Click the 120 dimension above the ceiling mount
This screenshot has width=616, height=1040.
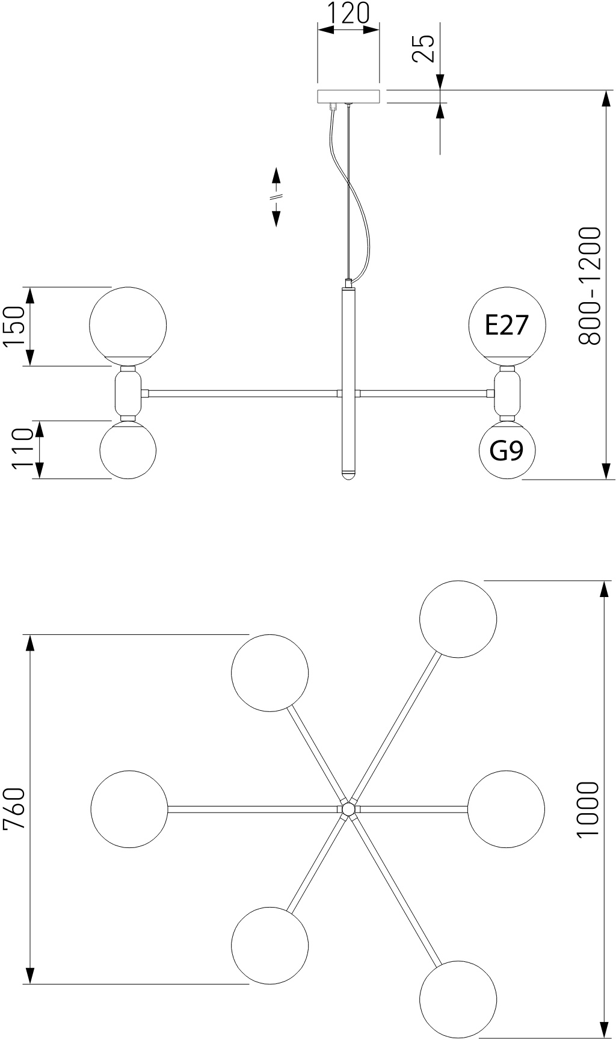(x=348, y=13)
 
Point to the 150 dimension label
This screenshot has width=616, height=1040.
(x=13, y=326)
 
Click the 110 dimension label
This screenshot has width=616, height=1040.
(x=22, y=449)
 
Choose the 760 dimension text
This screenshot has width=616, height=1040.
(x=15, y=808)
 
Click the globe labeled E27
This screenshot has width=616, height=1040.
(x=507, y=326)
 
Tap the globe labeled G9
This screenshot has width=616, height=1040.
(x=507, y=450)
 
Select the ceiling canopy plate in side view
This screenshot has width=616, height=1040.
(x=348, y=96)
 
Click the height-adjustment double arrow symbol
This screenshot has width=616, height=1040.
(x=276, y=197)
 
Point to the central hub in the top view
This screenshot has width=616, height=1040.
(x=348, y=809)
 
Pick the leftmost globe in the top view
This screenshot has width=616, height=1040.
(x=129, y=809)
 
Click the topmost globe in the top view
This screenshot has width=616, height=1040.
(x=458, y=619)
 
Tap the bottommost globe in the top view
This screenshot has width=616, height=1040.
(x=458, y=998)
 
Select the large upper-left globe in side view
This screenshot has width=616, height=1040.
(x=128, y=325)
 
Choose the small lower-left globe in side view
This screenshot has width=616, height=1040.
(x=128, y=450)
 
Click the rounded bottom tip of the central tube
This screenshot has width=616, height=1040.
(x=348, y=475)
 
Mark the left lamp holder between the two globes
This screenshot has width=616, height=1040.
(x=128, y=394)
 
